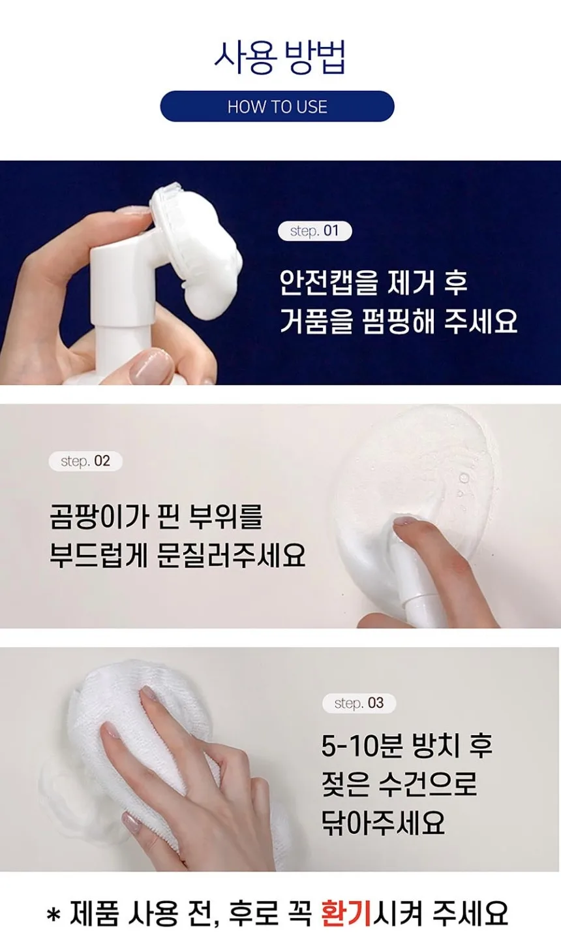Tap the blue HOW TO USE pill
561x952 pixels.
(277, 106)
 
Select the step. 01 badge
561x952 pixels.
(314, 230)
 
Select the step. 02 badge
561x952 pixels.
(85, 461)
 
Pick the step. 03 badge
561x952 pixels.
(359, 703)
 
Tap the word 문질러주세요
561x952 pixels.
(232, 554)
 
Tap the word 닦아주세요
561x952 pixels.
(383, 821)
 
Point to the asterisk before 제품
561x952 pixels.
(53, 915)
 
